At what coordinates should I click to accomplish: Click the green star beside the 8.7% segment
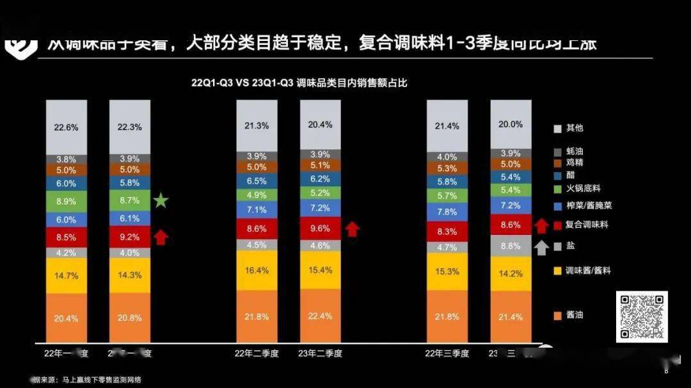pos(161,202)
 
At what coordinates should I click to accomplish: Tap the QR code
pos(642,316)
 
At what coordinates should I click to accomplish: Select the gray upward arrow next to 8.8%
pos(542,247)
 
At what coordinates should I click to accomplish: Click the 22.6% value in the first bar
pos(66,127)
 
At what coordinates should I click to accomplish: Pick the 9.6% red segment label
pos(320,227)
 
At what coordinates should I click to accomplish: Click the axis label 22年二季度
pos(257,353)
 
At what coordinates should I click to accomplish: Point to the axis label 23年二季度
pos(320,353)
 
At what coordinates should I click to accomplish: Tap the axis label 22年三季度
pos(447,353)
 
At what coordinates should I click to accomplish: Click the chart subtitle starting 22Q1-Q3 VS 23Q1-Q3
pos(300,83)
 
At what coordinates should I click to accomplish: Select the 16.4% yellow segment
pos(257,270)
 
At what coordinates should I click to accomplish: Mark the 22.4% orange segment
pos(320,314)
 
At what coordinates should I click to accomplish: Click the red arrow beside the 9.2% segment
pos(161,238)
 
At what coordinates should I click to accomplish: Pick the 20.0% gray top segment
pos(510,124)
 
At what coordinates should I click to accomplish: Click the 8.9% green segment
pos(66,201)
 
